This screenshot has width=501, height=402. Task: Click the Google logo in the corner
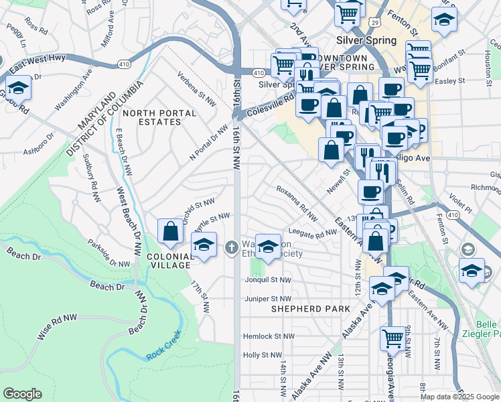(23, 394)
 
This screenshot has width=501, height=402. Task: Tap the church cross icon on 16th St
(232, 248)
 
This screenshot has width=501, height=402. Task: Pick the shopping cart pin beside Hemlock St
(393, 339)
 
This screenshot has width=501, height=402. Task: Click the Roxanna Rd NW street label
(297, 202)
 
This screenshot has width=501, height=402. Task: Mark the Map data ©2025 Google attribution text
(459, 397)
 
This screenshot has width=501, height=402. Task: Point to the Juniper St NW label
(268, 299)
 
